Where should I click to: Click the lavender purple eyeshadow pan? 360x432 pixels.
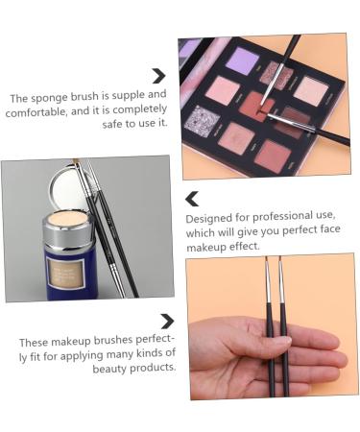[x=240, y=59]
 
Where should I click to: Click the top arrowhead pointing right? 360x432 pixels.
[x=159, y=76]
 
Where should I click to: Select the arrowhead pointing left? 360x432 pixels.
[x=192, y=199]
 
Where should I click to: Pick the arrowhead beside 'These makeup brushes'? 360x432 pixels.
[x=167, y=322]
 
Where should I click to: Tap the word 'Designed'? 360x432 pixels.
[x=209, y=218]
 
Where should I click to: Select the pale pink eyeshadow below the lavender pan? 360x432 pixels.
[x=223, y=91]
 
